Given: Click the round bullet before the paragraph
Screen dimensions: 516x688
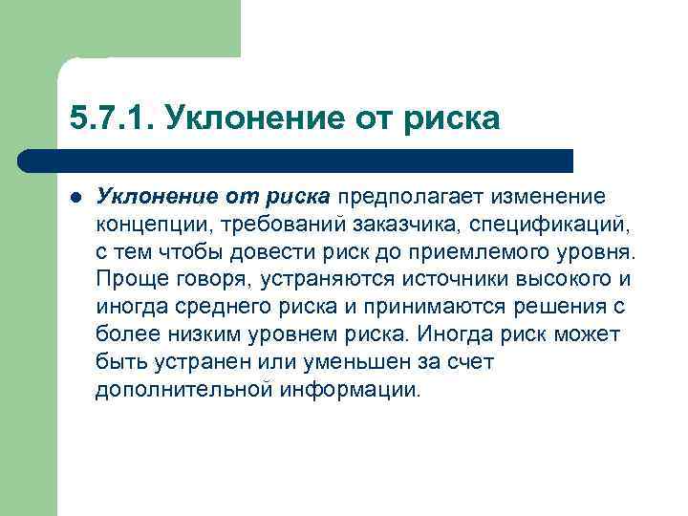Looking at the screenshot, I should click(75, 198).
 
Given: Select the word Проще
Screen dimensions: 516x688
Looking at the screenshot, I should click(129, 280).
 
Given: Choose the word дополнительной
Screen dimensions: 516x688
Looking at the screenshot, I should click(184, 390).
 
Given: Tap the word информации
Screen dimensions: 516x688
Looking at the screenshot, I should click(353, 390).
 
